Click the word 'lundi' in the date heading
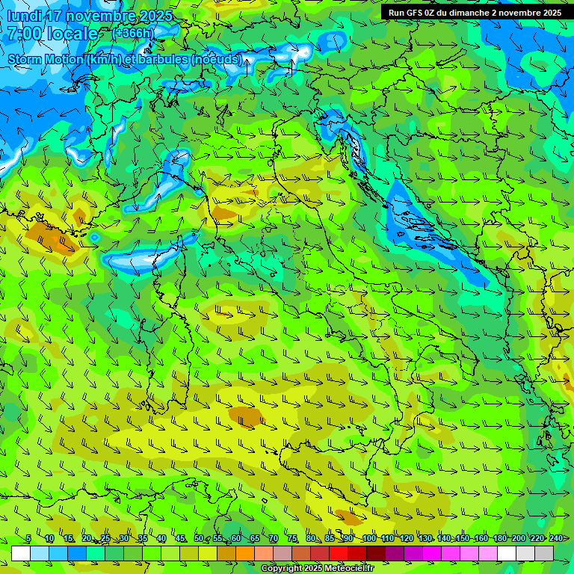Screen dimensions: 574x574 24,16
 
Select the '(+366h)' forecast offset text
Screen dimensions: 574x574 132,33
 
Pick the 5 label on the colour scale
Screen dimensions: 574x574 28,538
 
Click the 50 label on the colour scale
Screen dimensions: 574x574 198,538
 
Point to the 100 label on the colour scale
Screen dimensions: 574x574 368,538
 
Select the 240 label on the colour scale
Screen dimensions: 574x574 555,538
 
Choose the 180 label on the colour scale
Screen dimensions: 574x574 499,538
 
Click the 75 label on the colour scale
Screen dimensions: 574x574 292,538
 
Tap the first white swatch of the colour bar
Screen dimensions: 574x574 21,553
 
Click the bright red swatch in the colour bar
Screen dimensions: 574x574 339,553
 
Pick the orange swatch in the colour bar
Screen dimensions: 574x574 245,553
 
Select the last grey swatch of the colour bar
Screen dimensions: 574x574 544,553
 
